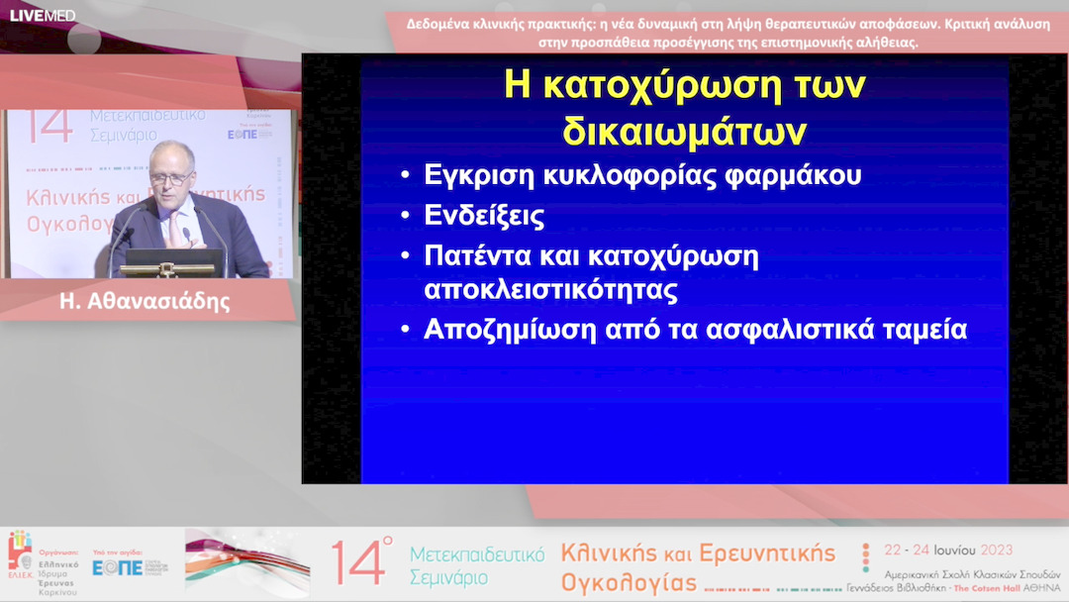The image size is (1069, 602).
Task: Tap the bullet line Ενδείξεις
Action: click(484, 216)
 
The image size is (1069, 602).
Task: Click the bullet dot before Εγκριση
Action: click(405, 176)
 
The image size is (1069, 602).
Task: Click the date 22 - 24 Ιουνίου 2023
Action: click(948, 550)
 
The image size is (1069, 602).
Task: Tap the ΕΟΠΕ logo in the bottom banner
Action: click(118, 567)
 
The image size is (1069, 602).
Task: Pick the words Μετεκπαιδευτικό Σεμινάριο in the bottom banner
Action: click(476, 564)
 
